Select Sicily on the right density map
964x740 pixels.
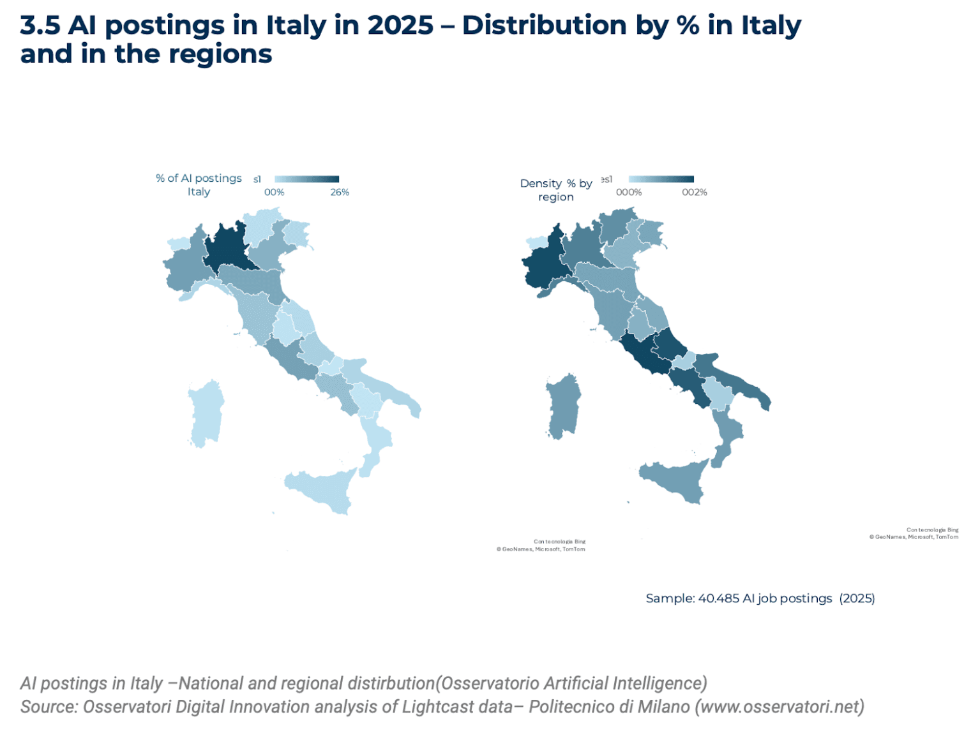[x=674, y=482]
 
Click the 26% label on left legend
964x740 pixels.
[x=340, y=192]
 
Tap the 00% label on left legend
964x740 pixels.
[x=275, y=192]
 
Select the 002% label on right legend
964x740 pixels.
[x=695, y=192]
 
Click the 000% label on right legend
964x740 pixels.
[x=629, y=192]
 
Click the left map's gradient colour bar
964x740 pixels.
[x=307, y=179]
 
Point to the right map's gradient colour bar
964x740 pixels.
[x=661, y=179]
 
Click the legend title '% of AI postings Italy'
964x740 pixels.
[x=199, y=185]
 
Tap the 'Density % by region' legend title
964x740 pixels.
[x=556, y=190]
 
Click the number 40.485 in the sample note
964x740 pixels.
[x=719, y=598]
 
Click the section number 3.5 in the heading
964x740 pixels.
[x=40, y=26]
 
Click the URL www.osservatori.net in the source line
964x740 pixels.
[x=779, y=707]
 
